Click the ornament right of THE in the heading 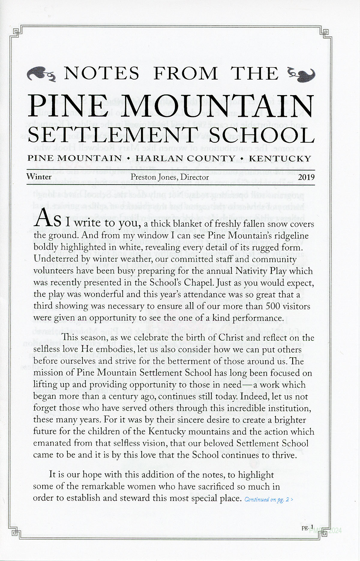301,74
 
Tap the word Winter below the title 39,176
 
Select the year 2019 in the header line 306,177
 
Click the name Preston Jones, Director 169,177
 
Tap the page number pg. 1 307,527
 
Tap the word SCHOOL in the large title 262,135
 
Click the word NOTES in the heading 102,74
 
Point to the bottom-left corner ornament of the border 16,533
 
